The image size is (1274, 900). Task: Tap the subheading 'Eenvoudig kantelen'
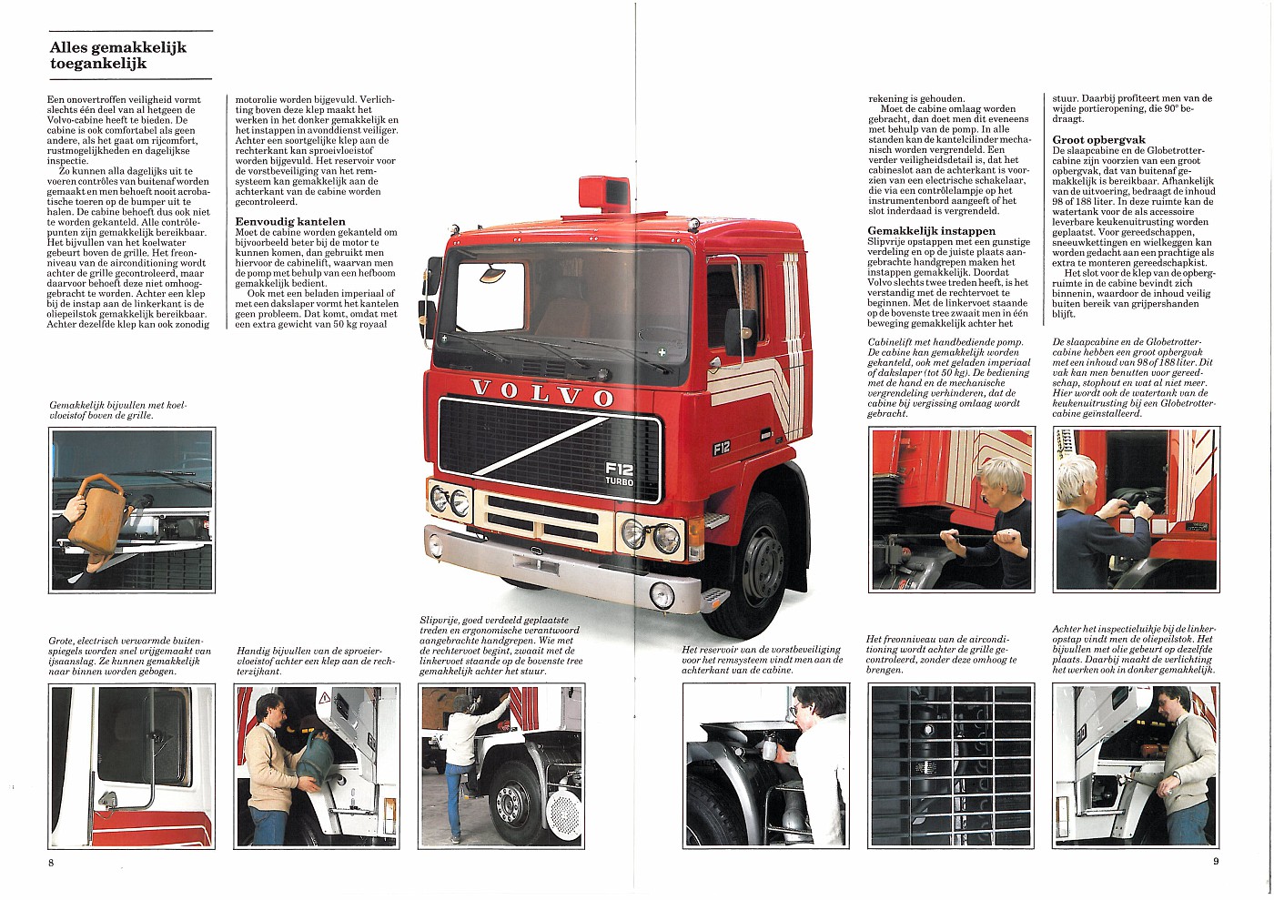pos(290,221)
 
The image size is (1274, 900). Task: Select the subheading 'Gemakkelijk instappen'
pos(931,230)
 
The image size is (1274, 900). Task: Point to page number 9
pos(1215,861)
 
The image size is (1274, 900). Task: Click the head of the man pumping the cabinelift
pos(1003,476)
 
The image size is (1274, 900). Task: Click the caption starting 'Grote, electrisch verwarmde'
pos(129,655)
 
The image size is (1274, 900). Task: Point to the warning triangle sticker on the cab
pos(324,698)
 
